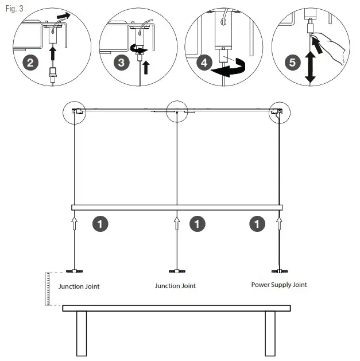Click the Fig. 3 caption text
click(15, 9)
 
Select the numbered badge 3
click(121, 62)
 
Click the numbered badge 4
click(204, 62)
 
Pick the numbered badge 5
click(293, 62)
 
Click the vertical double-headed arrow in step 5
click(311, 68)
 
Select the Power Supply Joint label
click(279, 285)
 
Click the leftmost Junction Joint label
click(79, 286)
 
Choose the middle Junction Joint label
click(175, 286)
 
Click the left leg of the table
click(81, 335)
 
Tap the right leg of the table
click(270, 335)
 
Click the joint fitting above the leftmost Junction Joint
click(75, 270)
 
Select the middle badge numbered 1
click(197, 223)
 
